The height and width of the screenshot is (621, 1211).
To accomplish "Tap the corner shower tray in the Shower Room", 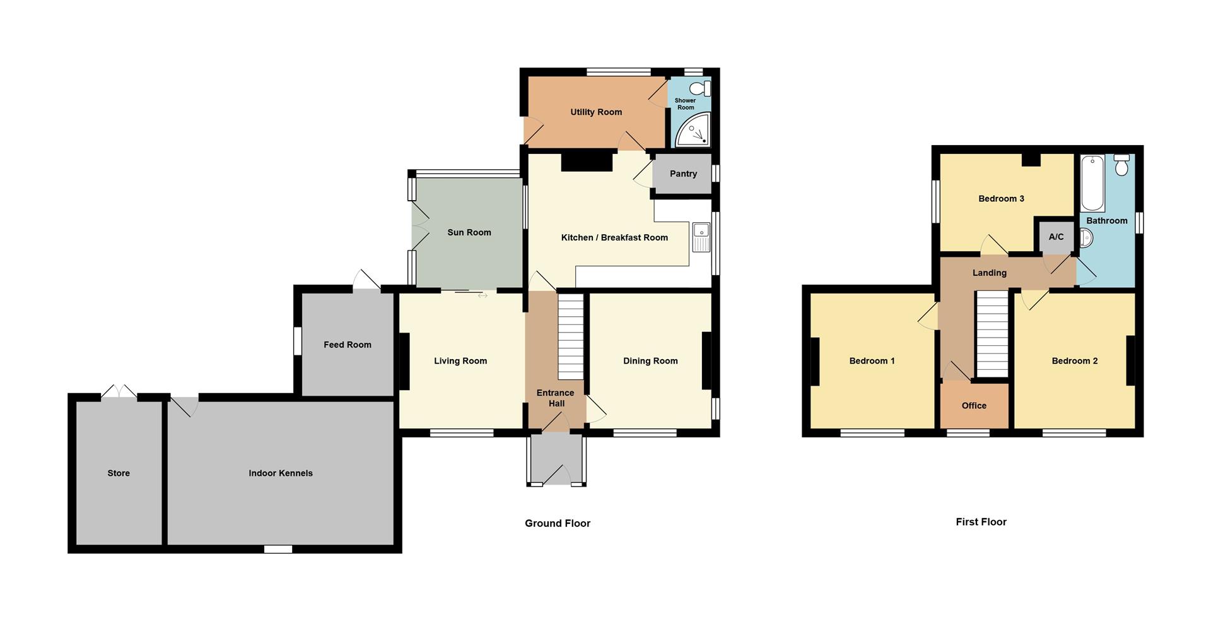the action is pyautogui.click(x=693, y=130).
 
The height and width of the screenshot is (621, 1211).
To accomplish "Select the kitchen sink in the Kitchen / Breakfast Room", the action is pyautogui.click(x=701, y=237).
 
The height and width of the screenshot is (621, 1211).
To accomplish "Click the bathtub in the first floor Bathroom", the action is pyautogui.click(x=1093, y=183).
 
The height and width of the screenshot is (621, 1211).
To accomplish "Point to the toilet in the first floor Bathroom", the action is pyautogui.click(x=1121, y=165).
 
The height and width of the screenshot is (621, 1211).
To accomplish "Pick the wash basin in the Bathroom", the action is pyautogui.click(x=1086, y=238).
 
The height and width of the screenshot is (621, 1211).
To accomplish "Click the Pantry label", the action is pyautogui.click(x=683, y=174).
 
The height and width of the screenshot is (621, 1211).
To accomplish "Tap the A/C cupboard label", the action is pyautogui.click(x=1056, y=237).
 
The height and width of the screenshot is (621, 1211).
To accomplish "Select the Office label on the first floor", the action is pyautogui.click(x=974, y=406).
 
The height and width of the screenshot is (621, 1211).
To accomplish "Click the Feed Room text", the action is pyautogui.click(x=348, y=345).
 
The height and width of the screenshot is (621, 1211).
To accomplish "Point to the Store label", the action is pyautogui.click(x=119, y=473).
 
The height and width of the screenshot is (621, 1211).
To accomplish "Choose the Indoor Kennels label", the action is pyautogui.click(x=281, y=473).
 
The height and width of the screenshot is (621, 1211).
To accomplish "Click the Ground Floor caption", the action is pyautogui.click(x=558, y=523).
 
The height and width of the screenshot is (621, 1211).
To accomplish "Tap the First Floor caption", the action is pyautogui.click(x=981, y=522).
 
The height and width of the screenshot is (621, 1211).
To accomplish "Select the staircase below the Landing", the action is pyautogui.click(x=992, y=334).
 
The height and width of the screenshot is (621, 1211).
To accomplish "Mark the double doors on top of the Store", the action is pyautogui.click(x=119, y=393).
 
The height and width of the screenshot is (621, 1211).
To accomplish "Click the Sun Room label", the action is pyautogui.click(x=469, y=232).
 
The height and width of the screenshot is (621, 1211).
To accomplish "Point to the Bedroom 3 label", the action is pyautogui.click(x=1001, y=199).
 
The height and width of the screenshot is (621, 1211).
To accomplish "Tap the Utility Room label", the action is pyautogui.click(x=596, y=112).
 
